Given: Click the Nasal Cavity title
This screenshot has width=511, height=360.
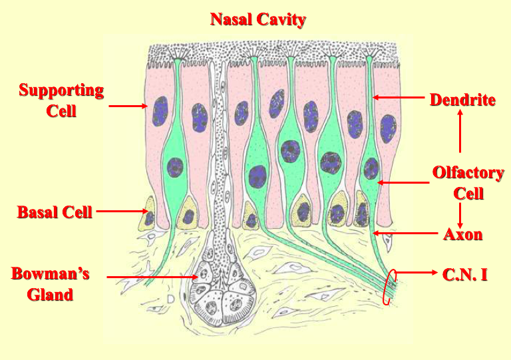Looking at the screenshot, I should [258, 19].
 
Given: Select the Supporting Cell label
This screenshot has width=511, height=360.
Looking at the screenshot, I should [61, 100].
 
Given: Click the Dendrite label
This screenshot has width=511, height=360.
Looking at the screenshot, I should [462, 100].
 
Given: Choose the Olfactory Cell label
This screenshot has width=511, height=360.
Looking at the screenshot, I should [468, 183].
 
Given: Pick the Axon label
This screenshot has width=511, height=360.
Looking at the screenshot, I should [462, 234].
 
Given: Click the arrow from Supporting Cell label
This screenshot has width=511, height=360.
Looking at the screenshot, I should [128, 105].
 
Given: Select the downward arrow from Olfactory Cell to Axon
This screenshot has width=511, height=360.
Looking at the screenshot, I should [460, 214].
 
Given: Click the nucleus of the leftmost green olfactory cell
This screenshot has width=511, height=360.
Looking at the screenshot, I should [175, 166].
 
